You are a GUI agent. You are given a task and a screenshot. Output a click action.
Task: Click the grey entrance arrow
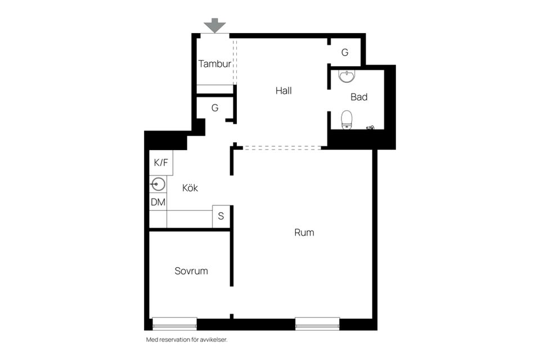(x=214, y=25)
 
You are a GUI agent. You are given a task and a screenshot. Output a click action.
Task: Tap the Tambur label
(x=214, y=64)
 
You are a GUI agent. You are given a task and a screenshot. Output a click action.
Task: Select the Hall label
(x=283, y=91)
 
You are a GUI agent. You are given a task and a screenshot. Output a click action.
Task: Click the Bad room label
(x=359, y=97)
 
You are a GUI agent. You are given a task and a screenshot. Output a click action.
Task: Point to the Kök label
(x=190, y=188)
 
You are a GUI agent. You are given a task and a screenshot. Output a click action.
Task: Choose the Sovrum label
(x=191, y=271)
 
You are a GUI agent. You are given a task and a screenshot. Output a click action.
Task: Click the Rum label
(x=304, y=232)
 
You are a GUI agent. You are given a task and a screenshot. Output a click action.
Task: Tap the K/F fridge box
(x=161, y=163)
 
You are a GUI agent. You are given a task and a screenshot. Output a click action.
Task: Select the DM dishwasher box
(x=158, y=202)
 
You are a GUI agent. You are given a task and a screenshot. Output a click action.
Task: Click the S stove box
(x=221, y=217)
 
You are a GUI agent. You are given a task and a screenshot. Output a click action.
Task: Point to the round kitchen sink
(x=158, y=184)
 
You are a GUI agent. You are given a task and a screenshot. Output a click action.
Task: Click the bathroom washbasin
(x=346, y=76)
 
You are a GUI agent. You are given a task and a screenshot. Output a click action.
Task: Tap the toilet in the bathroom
(x=346, y=120)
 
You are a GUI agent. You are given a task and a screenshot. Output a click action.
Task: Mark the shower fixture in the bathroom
(x=370, y=128)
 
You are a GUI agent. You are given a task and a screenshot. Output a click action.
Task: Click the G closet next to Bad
(x=345, y=52)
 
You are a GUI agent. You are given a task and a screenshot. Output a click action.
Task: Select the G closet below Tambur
(x=215, y=108)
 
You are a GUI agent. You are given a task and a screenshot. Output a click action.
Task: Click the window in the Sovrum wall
(x=174, y=324)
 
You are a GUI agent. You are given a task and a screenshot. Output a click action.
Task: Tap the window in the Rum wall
(x=317, y=324)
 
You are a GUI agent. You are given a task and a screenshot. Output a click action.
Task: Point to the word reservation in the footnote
(x=173, y=340)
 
